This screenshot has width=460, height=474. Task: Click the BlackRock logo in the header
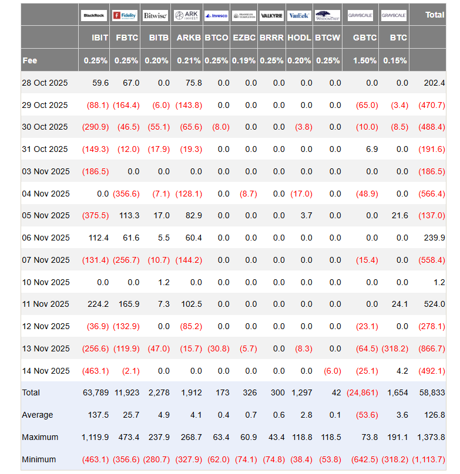pos(94,15)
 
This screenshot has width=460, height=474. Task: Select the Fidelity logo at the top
pos(125,15)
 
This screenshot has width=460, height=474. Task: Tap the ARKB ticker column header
pos(189,38)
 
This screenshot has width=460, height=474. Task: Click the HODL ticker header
pos(300,38)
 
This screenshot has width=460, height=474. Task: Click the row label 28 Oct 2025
pos(45,83)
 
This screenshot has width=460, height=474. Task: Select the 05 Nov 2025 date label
pos(45,215)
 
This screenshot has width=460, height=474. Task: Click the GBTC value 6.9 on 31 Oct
pos(371,149)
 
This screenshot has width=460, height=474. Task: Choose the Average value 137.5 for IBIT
pos(98,415)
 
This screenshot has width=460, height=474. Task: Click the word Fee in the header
pos(30,60)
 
